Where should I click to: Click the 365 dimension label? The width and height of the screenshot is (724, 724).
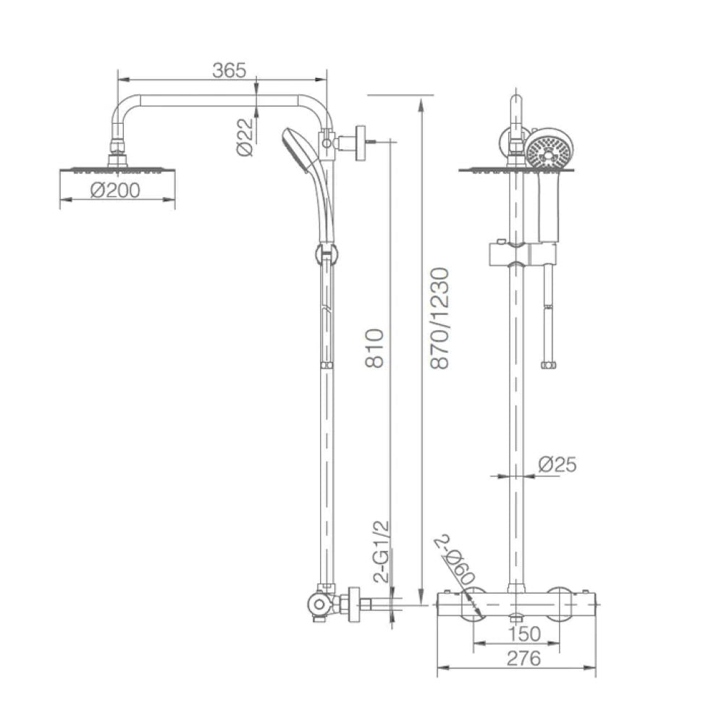click(229, 70)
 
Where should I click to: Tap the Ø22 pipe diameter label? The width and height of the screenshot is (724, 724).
click(245, 138)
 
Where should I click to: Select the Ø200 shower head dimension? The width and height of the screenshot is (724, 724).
click(115, 190)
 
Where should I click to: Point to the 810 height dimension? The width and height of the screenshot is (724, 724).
click(374, 348)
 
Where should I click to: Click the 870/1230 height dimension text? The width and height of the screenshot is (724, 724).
click(439, 318)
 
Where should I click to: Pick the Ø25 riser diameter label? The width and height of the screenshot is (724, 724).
click(557, 465)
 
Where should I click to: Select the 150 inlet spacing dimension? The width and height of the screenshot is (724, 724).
click(524, 634)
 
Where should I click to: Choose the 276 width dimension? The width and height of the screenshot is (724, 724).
click(523, 658)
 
